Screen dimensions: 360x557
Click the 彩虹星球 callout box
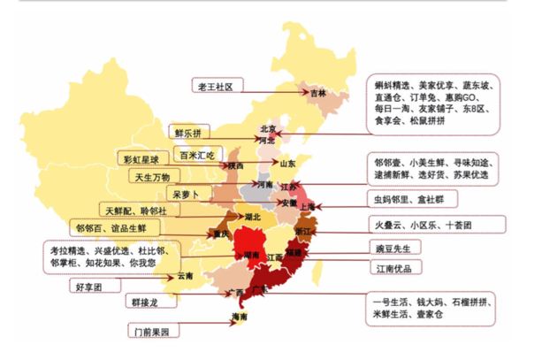point(141,159)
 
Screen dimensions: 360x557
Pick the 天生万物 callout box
point(152,176)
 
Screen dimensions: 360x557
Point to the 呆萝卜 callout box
point(191,193)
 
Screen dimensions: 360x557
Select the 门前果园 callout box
point(152,332)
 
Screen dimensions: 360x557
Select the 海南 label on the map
point(239,317)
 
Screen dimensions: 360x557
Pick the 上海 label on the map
point(308,206)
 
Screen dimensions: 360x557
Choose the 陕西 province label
point(235,165)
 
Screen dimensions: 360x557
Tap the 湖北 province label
point(253,216)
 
